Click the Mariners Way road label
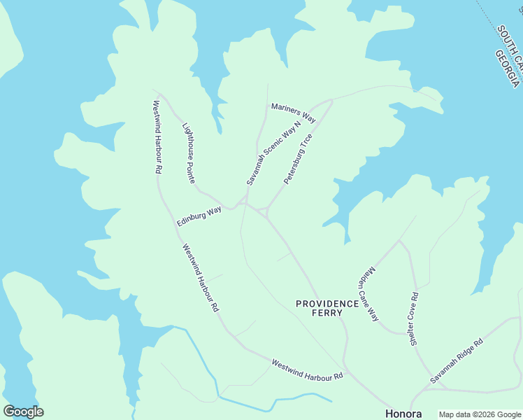coord(294,111)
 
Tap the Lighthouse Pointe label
coord(188,153)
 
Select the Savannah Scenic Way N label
coord(273,153)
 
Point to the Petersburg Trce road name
coord(298,159)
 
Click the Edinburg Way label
coord(199,216)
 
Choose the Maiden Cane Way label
coord(368,294)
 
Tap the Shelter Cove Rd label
coord(414,318)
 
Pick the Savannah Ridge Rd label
coord(457,361)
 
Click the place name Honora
coord(404,413)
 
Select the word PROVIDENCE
coord(327,304)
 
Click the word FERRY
coord(327,313)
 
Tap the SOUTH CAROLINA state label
coord(511,45)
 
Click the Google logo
coord(23,412)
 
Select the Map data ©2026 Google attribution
coord(479,414)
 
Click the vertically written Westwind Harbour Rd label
coord(158,137)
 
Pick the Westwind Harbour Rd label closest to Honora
coord(307,370)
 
